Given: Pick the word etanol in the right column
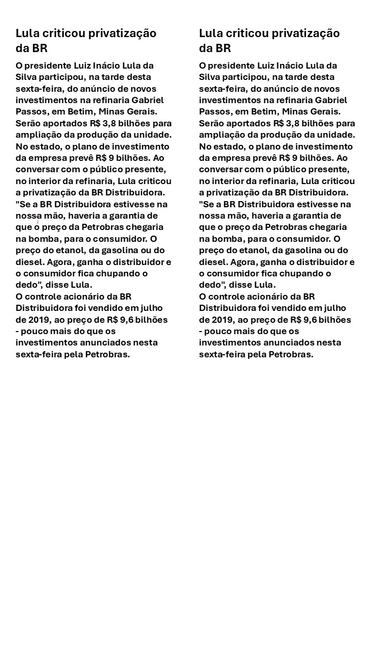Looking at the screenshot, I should (254, 251).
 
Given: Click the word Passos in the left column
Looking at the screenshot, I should (30, 111).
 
